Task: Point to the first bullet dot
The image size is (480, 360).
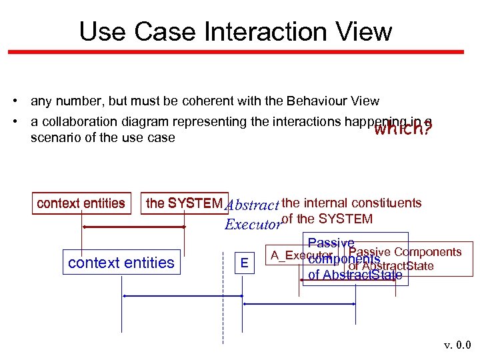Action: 14,101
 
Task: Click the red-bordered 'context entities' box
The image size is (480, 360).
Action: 81,203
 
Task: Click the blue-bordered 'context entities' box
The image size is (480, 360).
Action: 121,263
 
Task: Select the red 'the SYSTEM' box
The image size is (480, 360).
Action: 185,203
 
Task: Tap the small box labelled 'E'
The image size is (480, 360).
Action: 245,263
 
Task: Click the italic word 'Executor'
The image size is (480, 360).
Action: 253,224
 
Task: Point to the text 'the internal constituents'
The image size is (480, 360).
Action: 351,203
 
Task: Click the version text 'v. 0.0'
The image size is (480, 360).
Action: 457,345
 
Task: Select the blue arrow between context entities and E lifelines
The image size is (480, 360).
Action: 183,296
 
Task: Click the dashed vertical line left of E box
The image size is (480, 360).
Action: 223,313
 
